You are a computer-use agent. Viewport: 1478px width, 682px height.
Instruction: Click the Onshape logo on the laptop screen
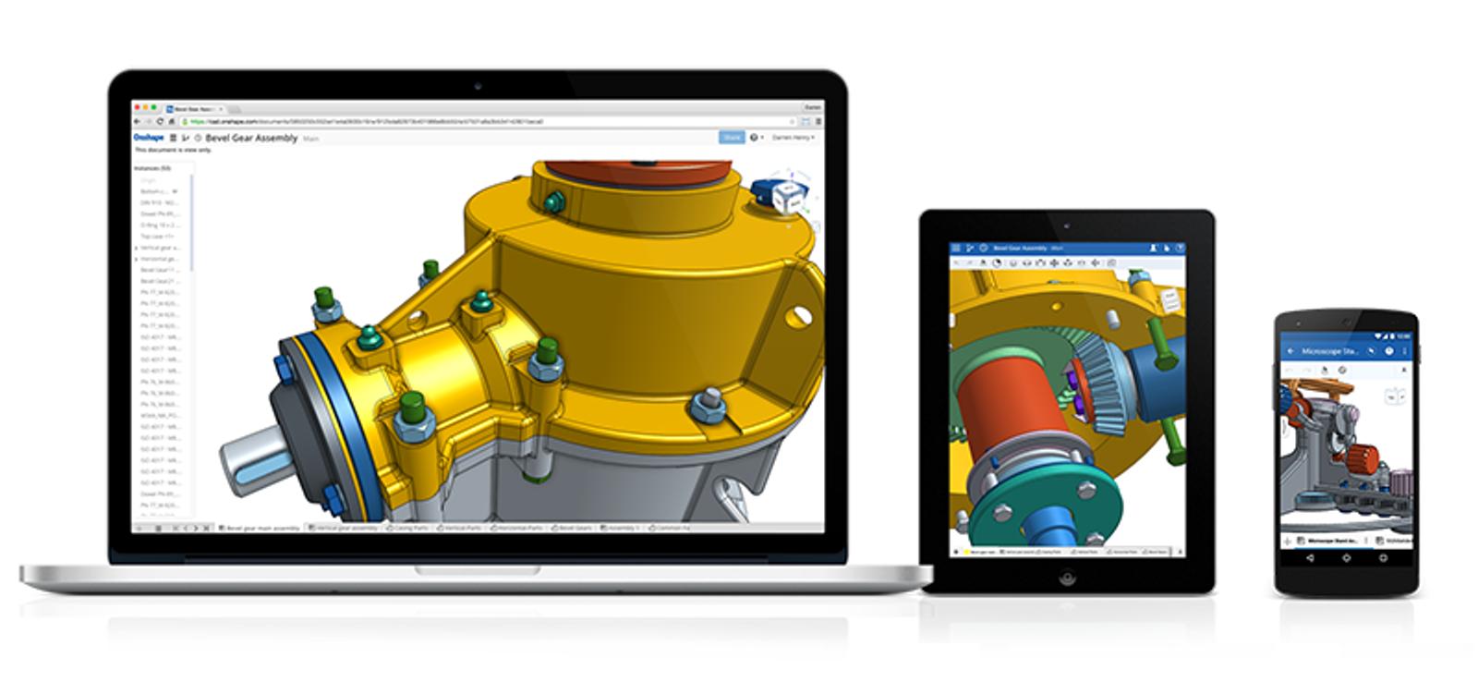pyautogui.click(x=148, y=138)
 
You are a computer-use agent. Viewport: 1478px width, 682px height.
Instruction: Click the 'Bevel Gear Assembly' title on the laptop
pyautogui.click(x=250, y=139)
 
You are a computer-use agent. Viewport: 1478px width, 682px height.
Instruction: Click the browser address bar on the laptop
pyautogui.click(x=462, y=121)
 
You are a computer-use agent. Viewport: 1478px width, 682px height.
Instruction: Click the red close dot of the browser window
pyautogui.click(x=138, y=109)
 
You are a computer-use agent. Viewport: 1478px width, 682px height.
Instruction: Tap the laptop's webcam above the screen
pyautogui.click(x=478, y=86)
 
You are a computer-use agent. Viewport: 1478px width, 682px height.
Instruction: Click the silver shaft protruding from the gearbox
pyautogui.click(x=249, y=459)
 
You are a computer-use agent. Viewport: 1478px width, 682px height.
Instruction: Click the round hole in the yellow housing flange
pyautogui.click(x=797, y=316)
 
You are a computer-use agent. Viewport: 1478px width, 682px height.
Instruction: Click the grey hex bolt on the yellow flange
pyautogui.click(x=709, y=403)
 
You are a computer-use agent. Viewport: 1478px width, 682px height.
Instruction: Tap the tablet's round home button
pyautogui.click(x=1068, y=578)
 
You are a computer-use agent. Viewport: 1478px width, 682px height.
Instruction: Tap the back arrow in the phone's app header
pyautogui.click(x=1290, y=351)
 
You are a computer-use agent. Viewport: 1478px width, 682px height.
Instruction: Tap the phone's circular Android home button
pyautogui.click(x=1346, y=558)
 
